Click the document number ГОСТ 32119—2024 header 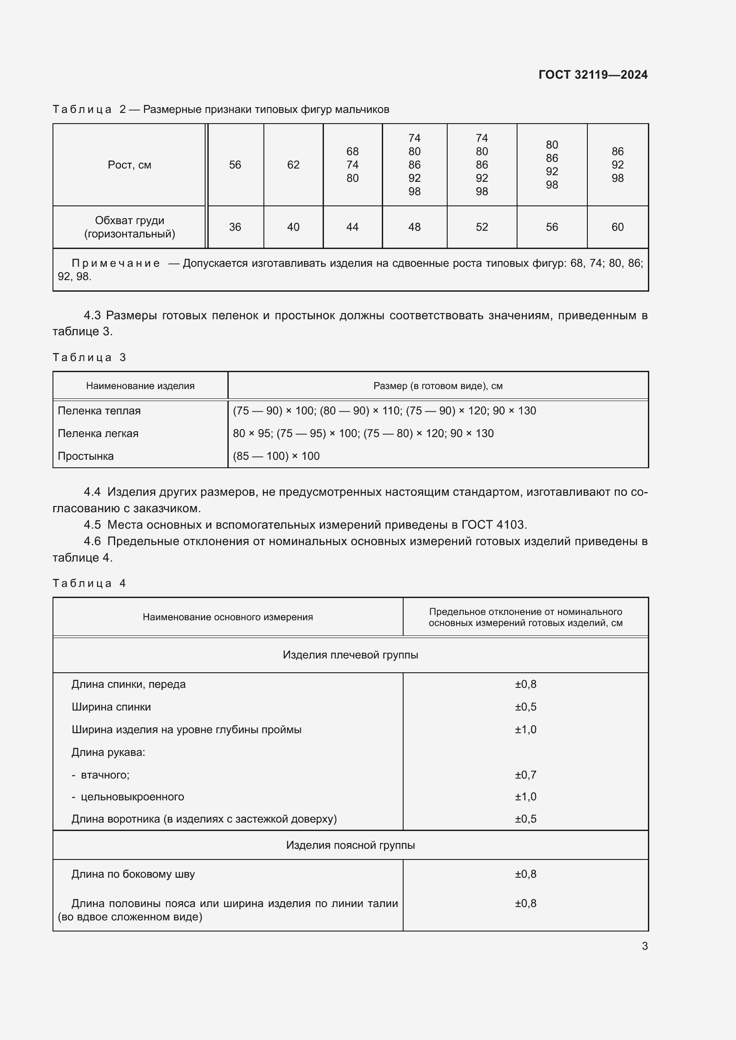click(593, 75)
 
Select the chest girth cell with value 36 click(235, 227)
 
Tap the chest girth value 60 click(617, 227)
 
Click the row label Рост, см click(129, 165)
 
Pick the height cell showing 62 click(293, 165)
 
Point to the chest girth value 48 click(414, 227)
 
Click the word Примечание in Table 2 click(116, 263)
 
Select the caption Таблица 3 click(89, 357)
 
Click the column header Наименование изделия click(140, 386)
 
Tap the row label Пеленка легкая click(98, 434)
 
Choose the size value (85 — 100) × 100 click(276, 456)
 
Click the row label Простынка click(85, 456)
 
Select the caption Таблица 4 click(89, 583)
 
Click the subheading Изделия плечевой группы click(350, 655)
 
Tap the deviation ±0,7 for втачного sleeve click(525, 775)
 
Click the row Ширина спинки click(111, 707)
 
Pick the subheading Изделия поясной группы click(350, 845)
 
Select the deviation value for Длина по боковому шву click(525, 874)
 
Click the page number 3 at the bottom click(644, 946)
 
